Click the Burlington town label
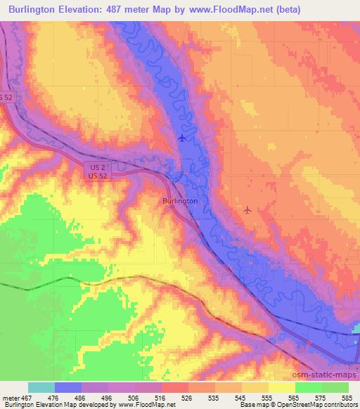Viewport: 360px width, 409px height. [180, 200]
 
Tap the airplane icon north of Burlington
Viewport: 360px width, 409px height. [183, 138]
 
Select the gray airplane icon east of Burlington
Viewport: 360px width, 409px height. [247, 209]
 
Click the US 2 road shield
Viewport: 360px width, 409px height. [97, 166]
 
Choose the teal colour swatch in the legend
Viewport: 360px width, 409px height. [41, 387]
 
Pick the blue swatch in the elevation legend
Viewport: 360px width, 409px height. [68, 387]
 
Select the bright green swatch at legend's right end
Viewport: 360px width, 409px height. [335, 387]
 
